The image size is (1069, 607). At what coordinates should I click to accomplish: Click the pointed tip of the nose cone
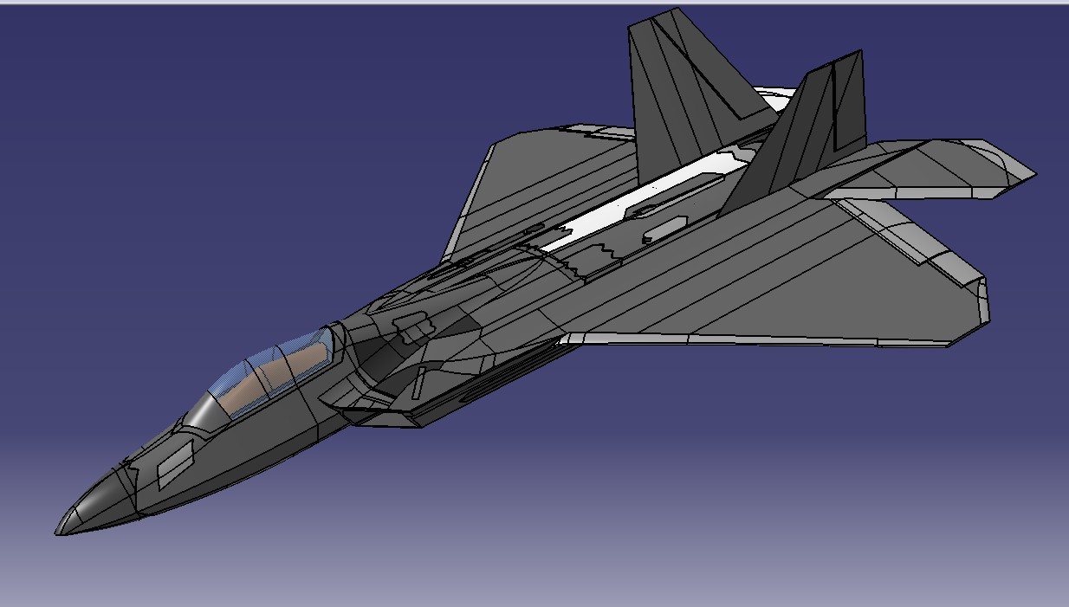coord(58,532)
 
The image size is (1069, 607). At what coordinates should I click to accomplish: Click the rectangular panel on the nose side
coord(175,464)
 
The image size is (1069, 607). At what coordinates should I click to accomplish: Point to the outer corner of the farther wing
coord(491,142)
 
